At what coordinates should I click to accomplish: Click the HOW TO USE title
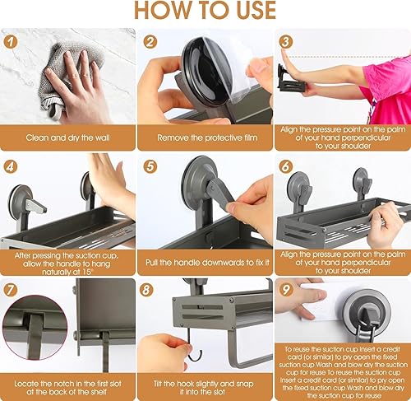[205, 12]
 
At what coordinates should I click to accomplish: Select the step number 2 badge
[150, 41]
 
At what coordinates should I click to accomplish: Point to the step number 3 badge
[286, 41]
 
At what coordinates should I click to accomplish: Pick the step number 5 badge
[150, 166]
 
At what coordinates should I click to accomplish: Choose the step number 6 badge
[286, 166]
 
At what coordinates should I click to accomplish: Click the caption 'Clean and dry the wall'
[68, 136]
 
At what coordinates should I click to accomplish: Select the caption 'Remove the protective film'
[205, 136]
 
